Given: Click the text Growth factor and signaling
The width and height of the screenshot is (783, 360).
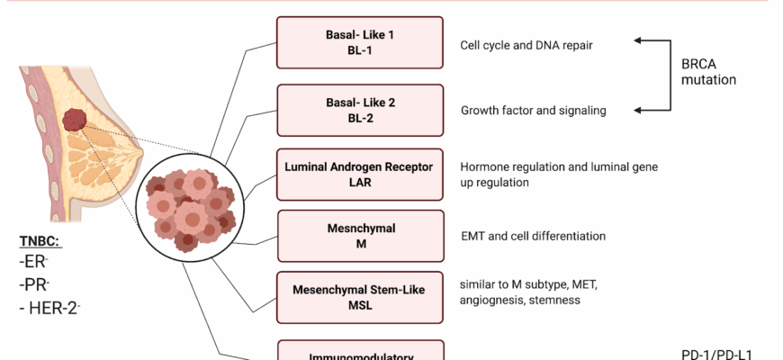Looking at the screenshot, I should [533, 111].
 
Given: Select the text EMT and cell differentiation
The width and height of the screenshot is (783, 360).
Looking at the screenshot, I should [533, 236].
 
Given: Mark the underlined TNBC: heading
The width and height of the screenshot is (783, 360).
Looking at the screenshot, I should [40, 241].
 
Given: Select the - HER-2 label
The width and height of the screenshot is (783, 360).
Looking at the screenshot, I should [50, 309].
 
